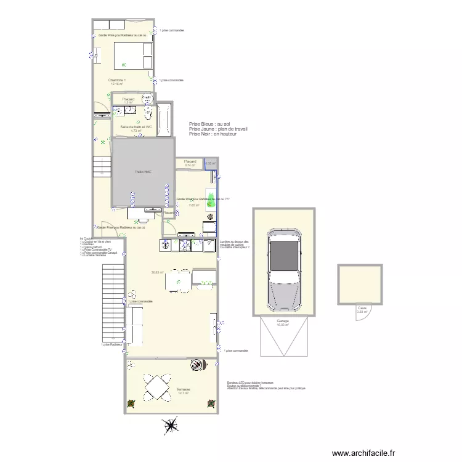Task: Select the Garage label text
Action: pos(283,321)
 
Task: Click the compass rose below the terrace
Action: pos(171,425)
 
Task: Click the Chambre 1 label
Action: pos(117,80)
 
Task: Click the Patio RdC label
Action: pos(143,172)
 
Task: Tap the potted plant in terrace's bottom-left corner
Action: pos(131,403)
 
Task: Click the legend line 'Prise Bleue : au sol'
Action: pos(209,124)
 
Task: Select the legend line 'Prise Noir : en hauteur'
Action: pos(213,134)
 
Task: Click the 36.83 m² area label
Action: pos(158,272)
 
